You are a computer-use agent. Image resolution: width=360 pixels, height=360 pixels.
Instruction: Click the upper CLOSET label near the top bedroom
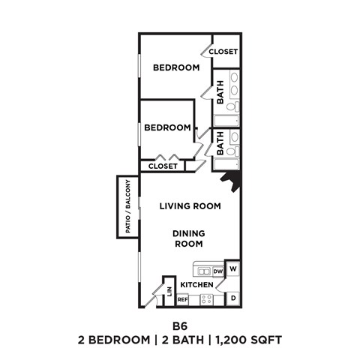coord(223,52)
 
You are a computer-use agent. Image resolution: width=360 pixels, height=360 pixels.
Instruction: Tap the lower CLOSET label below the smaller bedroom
coord(163,166)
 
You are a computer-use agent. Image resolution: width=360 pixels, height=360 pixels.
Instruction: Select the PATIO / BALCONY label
coord(128,207)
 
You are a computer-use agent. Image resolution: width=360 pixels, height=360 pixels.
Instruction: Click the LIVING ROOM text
coord(189,205)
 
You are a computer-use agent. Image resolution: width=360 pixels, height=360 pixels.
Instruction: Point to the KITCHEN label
coord(197,285)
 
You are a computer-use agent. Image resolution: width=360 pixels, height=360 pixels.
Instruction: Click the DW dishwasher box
coord(218,271)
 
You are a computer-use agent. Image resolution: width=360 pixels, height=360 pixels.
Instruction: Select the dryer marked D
coord(233,298)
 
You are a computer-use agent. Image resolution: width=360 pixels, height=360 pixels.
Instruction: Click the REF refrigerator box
coord(182,299)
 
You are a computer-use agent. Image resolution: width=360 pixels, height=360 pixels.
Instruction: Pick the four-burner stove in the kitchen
coord(205,299)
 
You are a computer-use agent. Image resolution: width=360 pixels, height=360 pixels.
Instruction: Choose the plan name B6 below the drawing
coord(179,326)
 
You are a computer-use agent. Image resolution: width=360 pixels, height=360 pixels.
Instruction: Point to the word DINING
coord(189,232)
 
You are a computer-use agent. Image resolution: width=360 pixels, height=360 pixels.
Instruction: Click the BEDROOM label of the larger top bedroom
coord(176,67)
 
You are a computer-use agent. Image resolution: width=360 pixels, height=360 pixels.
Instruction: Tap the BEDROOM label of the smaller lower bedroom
coord(167,127)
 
